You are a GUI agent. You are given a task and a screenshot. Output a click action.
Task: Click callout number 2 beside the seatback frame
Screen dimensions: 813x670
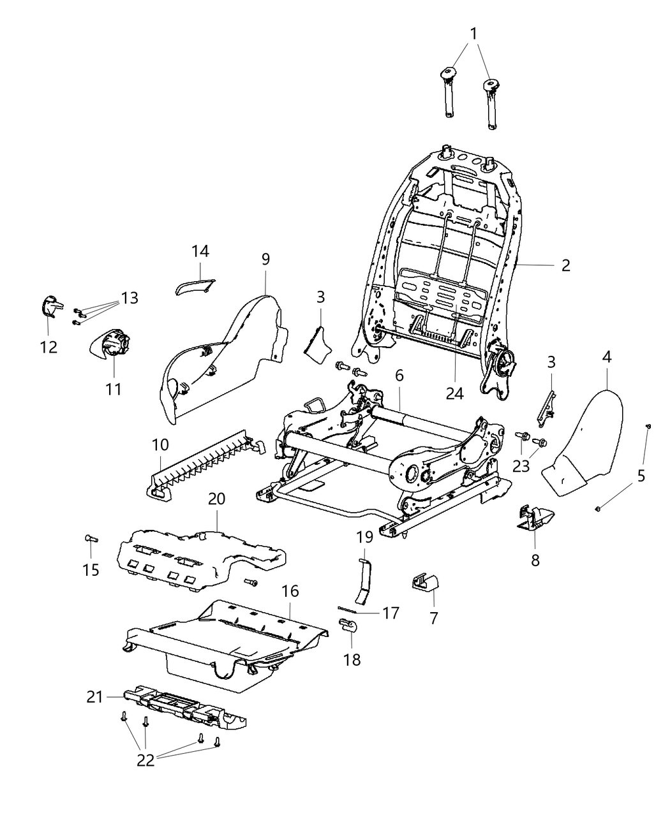(x=565, y=265)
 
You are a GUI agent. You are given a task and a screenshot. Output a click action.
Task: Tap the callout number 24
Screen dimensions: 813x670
(x=454, y=393)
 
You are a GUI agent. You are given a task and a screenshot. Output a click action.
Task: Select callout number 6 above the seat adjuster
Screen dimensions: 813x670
(x=399, y=376)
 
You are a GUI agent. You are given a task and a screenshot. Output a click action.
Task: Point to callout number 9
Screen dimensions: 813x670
(x=265, y=259)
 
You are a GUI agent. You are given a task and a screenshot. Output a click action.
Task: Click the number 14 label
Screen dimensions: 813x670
(x=200, y=251)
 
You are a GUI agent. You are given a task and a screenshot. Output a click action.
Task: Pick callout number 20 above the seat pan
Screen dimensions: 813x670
(x=217, y=499)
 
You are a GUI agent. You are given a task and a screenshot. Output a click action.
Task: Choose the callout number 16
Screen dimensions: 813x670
(x=290, y=591)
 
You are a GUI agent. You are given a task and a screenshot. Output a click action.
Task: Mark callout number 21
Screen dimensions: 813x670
(x=94, y=698)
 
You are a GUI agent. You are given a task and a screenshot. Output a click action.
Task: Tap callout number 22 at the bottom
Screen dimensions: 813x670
(x=145, y=761)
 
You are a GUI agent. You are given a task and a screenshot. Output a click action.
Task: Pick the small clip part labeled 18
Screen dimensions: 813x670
(x=348, y=627)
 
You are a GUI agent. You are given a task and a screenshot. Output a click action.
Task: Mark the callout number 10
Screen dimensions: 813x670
(x=160, y=443)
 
